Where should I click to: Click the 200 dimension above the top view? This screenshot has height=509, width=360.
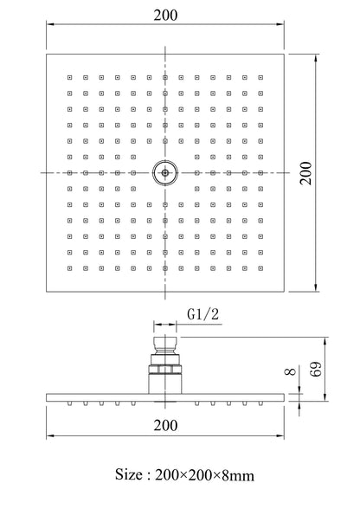(165, 16)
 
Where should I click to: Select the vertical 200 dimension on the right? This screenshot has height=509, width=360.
(305, 173)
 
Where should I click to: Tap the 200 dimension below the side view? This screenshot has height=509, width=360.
(165, 425)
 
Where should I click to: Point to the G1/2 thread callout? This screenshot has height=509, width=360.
(203, 314)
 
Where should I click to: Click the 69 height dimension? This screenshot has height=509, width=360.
(316, 369)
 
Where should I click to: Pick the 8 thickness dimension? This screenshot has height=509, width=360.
(291, 371)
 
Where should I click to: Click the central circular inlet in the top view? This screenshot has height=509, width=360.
(165, 173)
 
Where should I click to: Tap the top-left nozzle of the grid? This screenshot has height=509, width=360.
(70, 78)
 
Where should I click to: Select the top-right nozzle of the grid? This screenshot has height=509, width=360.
(260, 78)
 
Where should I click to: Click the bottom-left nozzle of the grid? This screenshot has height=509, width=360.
(70, 268)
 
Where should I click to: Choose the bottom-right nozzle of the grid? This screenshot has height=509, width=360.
(260, 268)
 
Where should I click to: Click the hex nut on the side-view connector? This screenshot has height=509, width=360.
(165, 370)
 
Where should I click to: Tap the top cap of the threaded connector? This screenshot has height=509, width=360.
(165, 342)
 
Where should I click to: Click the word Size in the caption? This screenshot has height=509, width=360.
(129, 474)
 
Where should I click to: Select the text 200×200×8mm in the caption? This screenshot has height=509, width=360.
(204, 475)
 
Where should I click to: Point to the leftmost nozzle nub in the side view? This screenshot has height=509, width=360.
(70, 403)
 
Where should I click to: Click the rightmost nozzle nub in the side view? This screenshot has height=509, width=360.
(260, 403)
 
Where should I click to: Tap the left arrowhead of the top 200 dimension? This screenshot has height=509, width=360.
(50, 24)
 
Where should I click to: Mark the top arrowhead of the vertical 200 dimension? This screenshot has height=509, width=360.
(316, 58)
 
